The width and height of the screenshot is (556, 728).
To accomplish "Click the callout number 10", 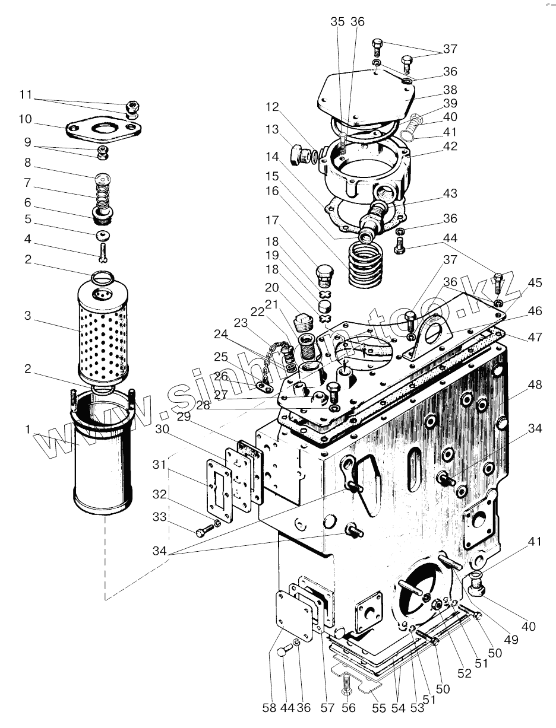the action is tap(25, 119).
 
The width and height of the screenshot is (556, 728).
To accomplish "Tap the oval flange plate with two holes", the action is tap(103, 129).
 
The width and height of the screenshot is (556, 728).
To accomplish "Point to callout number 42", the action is tap(450, 147).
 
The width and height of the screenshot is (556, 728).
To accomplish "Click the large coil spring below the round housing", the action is tap(366, 263).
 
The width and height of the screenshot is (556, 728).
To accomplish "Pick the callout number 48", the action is tap(534, 384).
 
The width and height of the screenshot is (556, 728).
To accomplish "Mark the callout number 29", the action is tap(184, 417).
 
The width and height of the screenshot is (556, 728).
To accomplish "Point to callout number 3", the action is tap(28, 316).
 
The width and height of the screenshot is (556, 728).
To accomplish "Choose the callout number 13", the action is tap(272, 129).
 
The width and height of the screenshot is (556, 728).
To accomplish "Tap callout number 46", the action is tap(535, 311).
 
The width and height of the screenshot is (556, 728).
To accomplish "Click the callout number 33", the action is tap(159, 516).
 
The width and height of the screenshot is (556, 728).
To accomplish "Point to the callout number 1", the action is tap(28, 429).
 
